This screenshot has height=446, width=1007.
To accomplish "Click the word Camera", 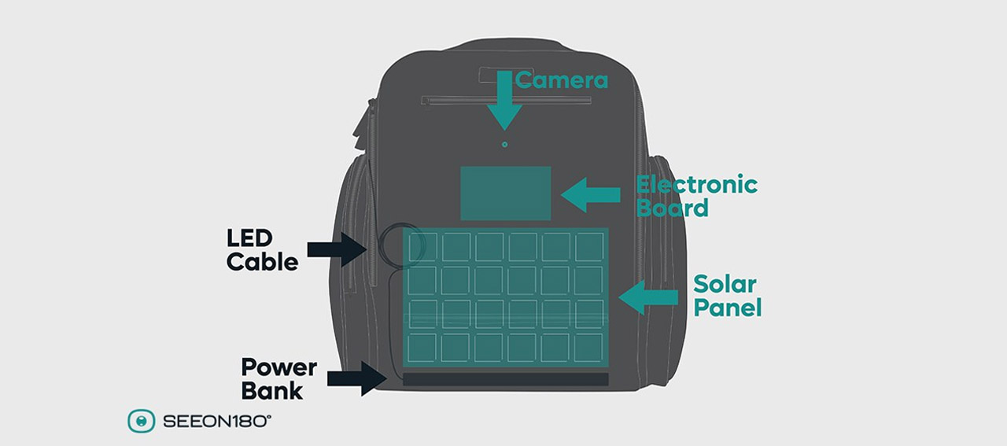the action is coord(562,80).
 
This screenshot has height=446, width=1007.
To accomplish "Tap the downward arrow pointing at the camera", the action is coord(504,101).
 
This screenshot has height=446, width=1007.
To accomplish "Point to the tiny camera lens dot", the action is coord(505,144).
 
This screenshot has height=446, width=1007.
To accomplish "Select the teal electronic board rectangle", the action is coord(506,194).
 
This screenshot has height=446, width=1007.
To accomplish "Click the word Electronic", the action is coord(697,184).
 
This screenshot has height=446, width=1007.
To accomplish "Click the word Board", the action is coord(673,208).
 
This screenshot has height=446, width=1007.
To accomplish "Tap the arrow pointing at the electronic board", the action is coord(591,194).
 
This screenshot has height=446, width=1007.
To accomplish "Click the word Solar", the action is coord(725,284).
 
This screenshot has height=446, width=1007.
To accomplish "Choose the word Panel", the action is coord(728,308).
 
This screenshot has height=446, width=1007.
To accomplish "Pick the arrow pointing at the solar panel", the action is coord(648,297).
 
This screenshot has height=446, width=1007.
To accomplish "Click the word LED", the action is coord(249,238).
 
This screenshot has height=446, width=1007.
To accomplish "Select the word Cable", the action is coord(262,262).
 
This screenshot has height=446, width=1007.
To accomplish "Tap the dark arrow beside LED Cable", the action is coord(337,249).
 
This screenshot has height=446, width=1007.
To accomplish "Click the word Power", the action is coord(279,367).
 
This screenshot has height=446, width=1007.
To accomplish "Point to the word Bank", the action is coord(272,390).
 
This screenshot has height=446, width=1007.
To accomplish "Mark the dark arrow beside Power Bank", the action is coord(357,378).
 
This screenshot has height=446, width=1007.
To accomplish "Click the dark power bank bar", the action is coord(506,379).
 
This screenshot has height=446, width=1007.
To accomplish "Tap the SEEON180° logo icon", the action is coord(141,422).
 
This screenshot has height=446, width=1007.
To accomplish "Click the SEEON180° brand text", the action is coord(217,422).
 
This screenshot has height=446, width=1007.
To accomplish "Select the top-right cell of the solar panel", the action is coord(589,247).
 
